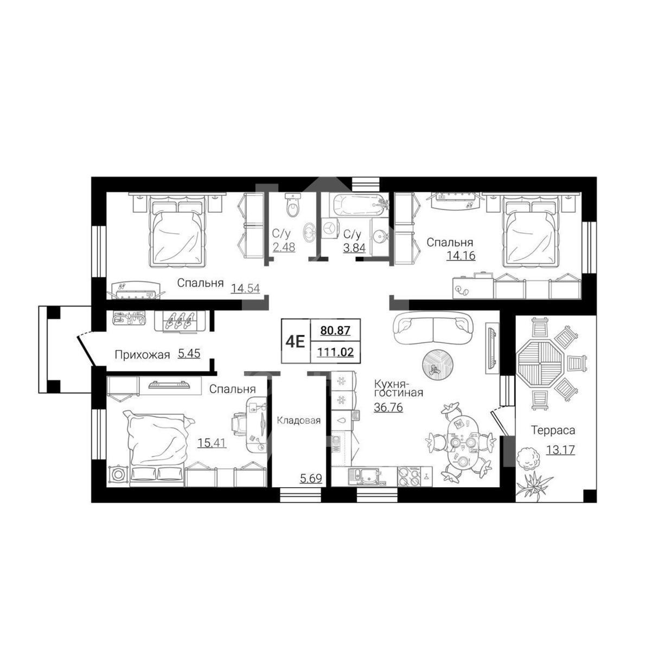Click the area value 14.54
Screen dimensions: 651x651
pyautogui.click(x=246, y=289)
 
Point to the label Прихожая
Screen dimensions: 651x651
pyautogui.click(x=142, y=355)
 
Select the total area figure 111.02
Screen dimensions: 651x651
pyautogui.click(x=335, y=353)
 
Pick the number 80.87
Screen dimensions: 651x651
pyautogui.click(x=335, y=330)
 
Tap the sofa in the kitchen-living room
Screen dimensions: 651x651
pyautogui.click(x=433, y=327)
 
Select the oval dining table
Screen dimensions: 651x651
pyautogui.click(x=463, y=444)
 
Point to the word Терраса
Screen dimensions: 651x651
pyautogui.click(x=553, y=430)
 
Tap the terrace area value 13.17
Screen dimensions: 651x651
pyautogui.click(x=560, y=450)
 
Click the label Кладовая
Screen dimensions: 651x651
pyautogui.click(x=298, y=420)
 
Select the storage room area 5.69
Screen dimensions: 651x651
pyautogui.click(x=311, y=478)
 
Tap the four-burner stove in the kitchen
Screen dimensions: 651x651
pyautogui.click(x=410, y=477)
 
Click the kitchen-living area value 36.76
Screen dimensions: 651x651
pyautogui.click(x=388, y=407)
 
